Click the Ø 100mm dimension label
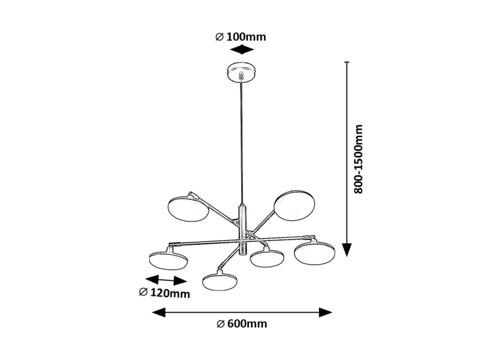(x=240, y=37)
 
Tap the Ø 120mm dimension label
(x=164, y=293)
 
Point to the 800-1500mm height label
(x=358, y=159)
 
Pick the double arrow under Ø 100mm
(x=242, y=49)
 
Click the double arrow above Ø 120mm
(x=166, y=280)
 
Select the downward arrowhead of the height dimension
(x=347, y=250)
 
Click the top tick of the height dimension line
(x=347, y=62)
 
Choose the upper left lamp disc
(x=188, y=209)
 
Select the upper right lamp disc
(x=294, y=205)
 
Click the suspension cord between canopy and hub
(x=242, y=143)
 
